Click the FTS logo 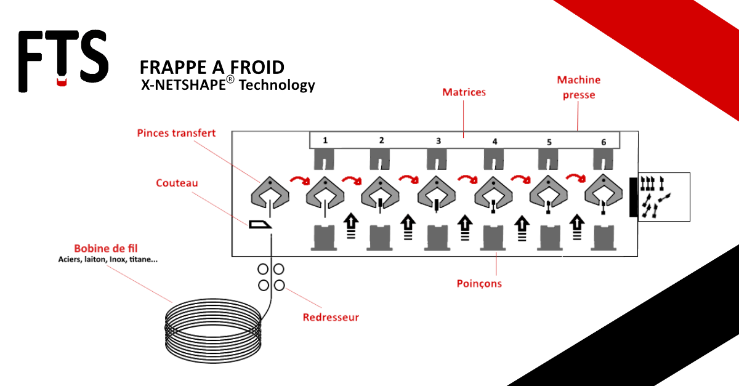tap(63, 60)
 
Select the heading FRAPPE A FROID tap(212, 67)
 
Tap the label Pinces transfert tap(176, 133)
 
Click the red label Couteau tap(177, 183)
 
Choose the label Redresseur tap(331, 318)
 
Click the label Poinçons tap(479, 284)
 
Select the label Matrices tap(464, 92)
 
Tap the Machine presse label tap(578, 87)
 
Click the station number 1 tap(325, 140)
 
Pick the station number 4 tap(495, 141)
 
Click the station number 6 tap(604, 142)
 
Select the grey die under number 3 tap(438, 160)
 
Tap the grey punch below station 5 tap(549, 238)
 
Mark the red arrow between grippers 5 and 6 tap(576, 179)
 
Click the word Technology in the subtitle tap(277, 85)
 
